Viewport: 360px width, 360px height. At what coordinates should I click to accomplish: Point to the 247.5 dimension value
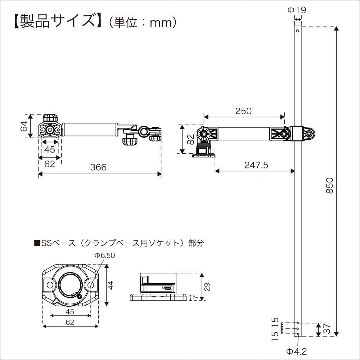click(256, 165)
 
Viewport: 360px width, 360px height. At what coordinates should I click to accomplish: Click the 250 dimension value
click(243, 111)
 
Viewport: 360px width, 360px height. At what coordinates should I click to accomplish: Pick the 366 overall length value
click(98, 167)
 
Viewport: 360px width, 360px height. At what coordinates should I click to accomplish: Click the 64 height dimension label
click(24, 126)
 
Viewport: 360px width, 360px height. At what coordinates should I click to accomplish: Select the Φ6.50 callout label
click(104, 255)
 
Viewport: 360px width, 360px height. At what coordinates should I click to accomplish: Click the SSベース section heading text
click(119, 243)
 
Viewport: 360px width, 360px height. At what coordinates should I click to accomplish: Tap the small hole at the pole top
click(298, 31)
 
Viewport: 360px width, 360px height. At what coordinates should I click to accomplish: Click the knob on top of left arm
click(50, 118)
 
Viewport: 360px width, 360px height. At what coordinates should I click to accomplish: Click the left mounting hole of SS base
click(49, 285)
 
